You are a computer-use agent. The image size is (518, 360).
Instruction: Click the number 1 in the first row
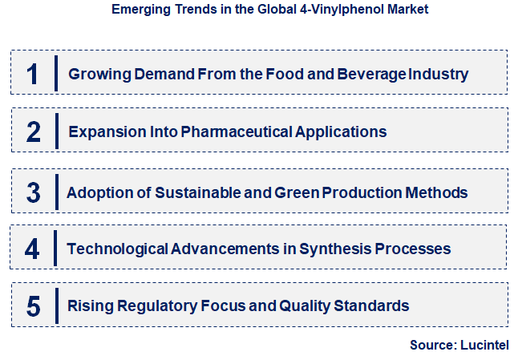click(33, 75)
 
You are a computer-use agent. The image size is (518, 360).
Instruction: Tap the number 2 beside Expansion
click(33, 131)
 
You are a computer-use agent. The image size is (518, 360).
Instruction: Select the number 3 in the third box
click(33, 192)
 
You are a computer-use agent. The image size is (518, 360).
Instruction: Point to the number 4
click(32, 249)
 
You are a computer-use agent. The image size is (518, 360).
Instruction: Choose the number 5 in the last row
click(33, 305)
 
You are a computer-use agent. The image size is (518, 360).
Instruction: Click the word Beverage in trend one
click(374, 75)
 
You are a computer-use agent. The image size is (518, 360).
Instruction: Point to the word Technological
click(117, 249)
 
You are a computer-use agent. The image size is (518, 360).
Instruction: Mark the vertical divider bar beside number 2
click(56, 131)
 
